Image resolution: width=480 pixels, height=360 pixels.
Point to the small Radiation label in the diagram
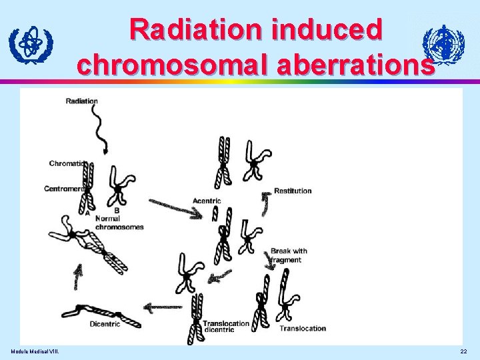tap(82, 101)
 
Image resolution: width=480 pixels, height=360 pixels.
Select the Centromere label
tap(65, 189)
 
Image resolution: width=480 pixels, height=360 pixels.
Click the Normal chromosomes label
tap(119, 223)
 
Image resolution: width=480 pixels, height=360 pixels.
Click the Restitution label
tap(293, 191)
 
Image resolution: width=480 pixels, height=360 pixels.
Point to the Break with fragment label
tap(289, 255)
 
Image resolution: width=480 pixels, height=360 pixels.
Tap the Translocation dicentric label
tap(226, 327)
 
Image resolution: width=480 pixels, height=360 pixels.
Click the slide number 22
tap(464, 351)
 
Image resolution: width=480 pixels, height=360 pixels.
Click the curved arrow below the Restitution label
tap(265, 203)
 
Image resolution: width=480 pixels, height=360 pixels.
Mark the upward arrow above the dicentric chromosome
tap(79, 275)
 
